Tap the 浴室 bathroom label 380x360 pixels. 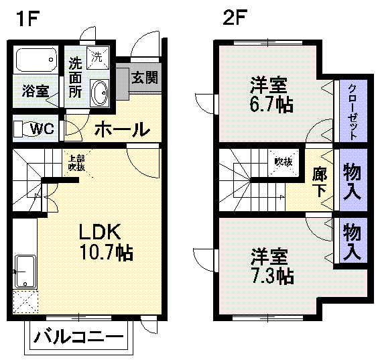(34, 91)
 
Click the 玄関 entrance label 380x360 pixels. (144, 77)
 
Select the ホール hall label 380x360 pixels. (121, 128)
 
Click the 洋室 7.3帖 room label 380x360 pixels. (271, 265)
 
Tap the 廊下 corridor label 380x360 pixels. (320, 180)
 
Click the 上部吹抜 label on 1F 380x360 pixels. (75, 163)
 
